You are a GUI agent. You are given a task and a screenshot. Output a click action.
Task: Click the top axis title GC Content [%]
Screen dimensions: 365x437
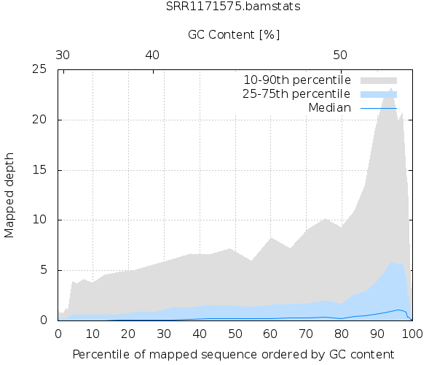point(234,34)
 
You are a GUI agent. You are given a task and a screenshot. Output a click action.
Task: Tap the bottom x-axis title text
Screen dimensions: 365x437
point(234,355)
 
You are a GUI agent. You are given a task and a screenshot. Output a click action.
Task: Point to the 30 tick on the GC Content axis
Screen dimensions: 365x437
point(63,55)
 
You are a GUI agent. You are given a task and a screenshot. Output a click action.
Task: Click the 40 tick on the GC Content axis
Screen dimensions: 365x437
point(152,55)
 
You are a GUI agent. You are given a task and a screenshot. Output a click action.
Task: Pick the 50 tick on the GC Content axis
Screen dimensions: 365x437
point(340,55)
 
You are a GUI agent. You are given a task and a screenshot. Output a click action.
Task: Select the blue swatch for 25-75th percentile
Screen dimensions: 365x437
point(379,94)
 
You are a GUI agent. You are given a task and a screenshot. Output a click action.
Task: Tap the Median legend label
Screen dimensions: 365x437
point(330,108)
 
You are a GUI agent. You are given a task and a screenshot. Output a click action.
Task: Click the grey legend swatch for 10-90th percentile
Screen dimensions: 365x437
point(379,80)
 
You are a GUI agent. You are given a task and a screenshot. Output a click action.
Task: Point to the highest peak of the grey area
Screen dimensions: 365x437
point(392,88)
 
